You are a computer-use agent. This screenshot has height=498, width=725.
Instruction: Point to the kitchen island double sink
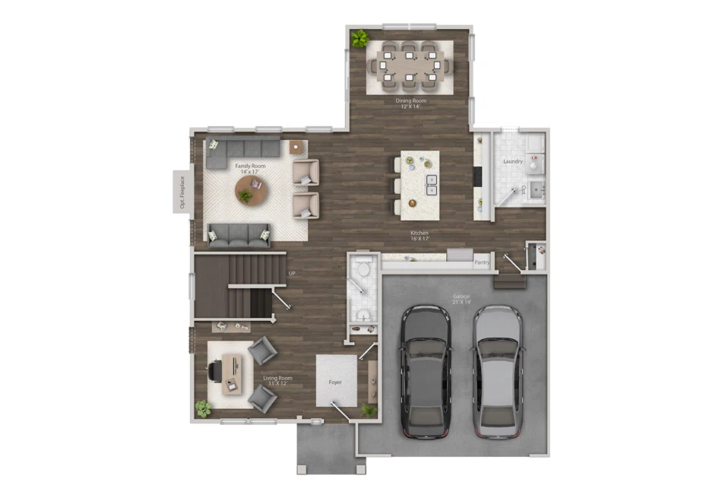431,185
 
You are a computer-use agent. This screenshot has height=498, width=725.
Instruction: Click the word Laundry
513,161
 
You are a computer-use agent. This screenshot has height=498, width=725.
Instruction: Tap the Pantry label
482,263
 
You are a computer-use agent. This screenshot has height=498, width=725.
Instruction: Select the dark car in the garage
426,370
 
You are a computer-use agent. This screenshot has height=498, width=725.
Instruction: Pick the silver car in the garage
498,370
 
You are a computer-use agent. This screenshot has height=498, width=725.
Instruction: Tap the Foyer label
336,382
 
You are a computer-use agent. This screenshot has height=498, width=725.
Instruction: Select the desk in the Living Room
233,373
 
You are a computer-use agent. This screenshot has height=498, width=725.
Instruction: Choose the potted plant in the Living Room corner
202,408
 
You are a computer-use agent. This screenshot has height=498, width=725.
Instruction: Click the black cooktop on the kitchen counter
478,176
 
